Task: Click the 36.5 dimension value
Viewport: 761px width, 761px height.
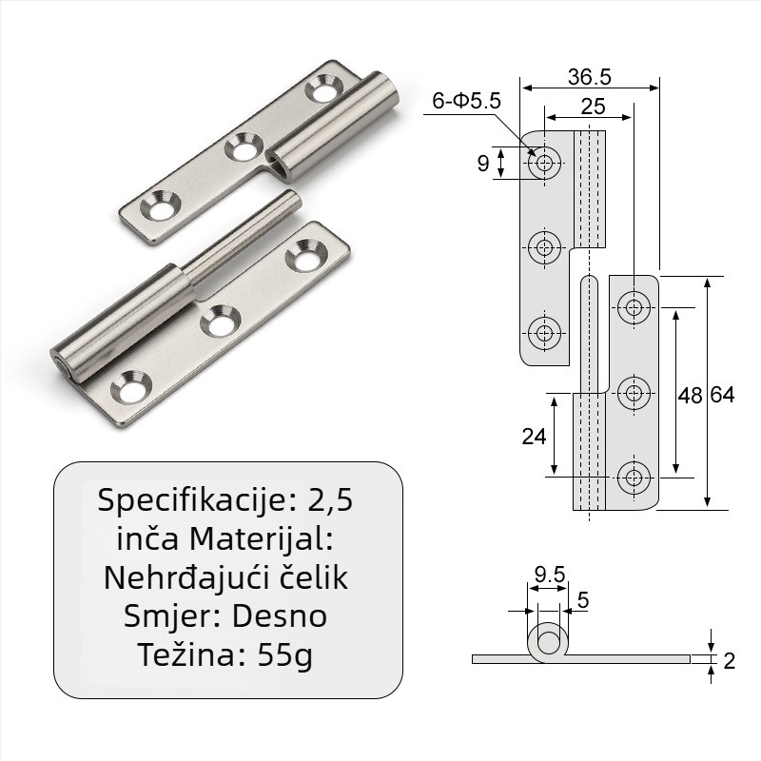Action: pyautogui.click(x=589, y=77)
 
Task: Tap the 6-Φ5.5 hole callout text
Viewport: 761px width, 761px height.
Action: pyautogui.click(x=466, y=101)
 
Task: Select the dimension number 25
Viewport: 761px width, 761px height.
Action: pyautogui.click(x=593, y=107)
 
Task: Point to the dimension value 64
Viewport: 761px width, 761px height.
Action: pyautogui.click(x=722, y=395)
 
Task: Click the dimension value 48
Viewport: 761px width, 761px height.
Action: pyautogui.click(x=690, y=396)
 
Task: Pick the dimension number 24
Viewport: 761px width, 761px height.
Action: pyautogui.click(x=534, y=437)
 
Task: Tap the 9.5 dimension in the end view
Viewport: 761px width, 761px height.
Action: pyautogui.click(x=550, y=575)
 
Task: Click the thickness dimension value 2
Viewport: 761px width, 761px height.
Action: pyautogui.click(x=729, y=660)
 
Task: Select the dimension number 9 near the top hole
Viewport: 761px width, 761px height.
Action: pyautogui.click(x=483, y=163)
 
